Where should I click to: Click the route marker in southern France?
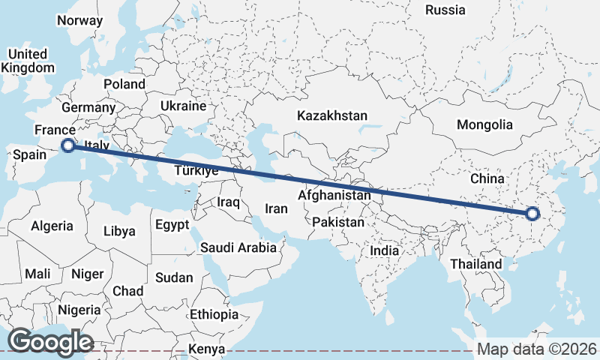click(x=68, y=145)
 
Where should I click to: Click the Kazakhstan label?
click(x=331, y=116)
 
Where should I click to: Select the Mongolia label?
click(x=485, y=125)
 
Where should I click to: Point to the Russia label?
click(x=445, y=10)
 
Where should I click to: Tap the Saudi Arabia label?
click(x=238, y=247)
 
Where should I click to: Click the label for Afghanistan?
click(x=334, y=195)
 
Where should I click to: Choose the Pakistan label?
click(x=338, y=222)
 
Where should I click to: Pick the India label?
click(x=385, y=250)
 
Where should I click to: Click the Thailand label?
click(x=475, y=264)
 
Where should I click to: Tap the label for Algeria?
click(x=52, y=226)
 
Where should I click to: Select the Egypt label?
click(x=172, y=224)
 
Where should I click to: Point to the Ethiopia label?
click(x=214, y=314)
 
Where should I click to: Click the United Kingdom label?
click(x=28, y=61)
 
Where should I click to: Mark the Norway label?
click(x=79, y=20)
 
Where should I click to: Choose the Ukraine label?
click(x=182, y=106)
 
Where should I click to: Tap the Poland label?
click(x=124, y=84)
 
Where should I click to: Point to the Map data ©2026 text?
click(x=536, y=349)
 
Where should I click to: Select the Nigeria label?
click(x=79, y=310)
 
